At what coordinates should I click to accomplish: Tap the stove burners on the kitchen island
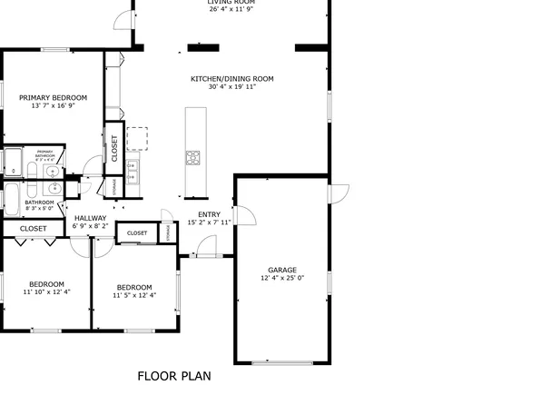(x=192, y=158)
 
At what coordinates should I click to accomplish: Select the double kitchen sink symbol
(x=132, y=171)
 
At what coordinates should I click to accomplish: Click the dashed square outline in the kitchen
(x=137, y=138)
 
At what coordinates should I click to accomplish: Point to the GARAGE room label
(x=281, y=270)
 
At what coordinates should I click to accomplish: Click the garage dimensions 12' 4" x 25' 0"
(x=281, y=279)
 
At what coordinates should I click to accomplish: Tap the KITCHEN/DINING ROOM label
(x=231, y=79)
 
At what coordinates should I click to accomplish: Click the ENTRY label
(x=197, y=214)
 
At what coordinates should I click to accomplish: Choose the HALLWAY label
(x=91, y=218)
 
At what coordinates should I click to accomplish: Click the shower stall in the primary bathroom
(x=13, y=162)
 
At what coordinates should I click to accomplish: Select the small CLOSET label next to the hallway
(x=137, y=233)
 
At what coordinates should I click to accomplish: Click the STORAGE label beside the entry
(x=168, y=232)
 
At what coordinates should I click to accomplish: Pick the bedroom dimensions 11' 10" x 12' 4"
(x=46, y=292)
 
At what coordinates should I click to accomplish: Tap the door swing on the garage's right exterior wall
(x=338, y=193)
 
